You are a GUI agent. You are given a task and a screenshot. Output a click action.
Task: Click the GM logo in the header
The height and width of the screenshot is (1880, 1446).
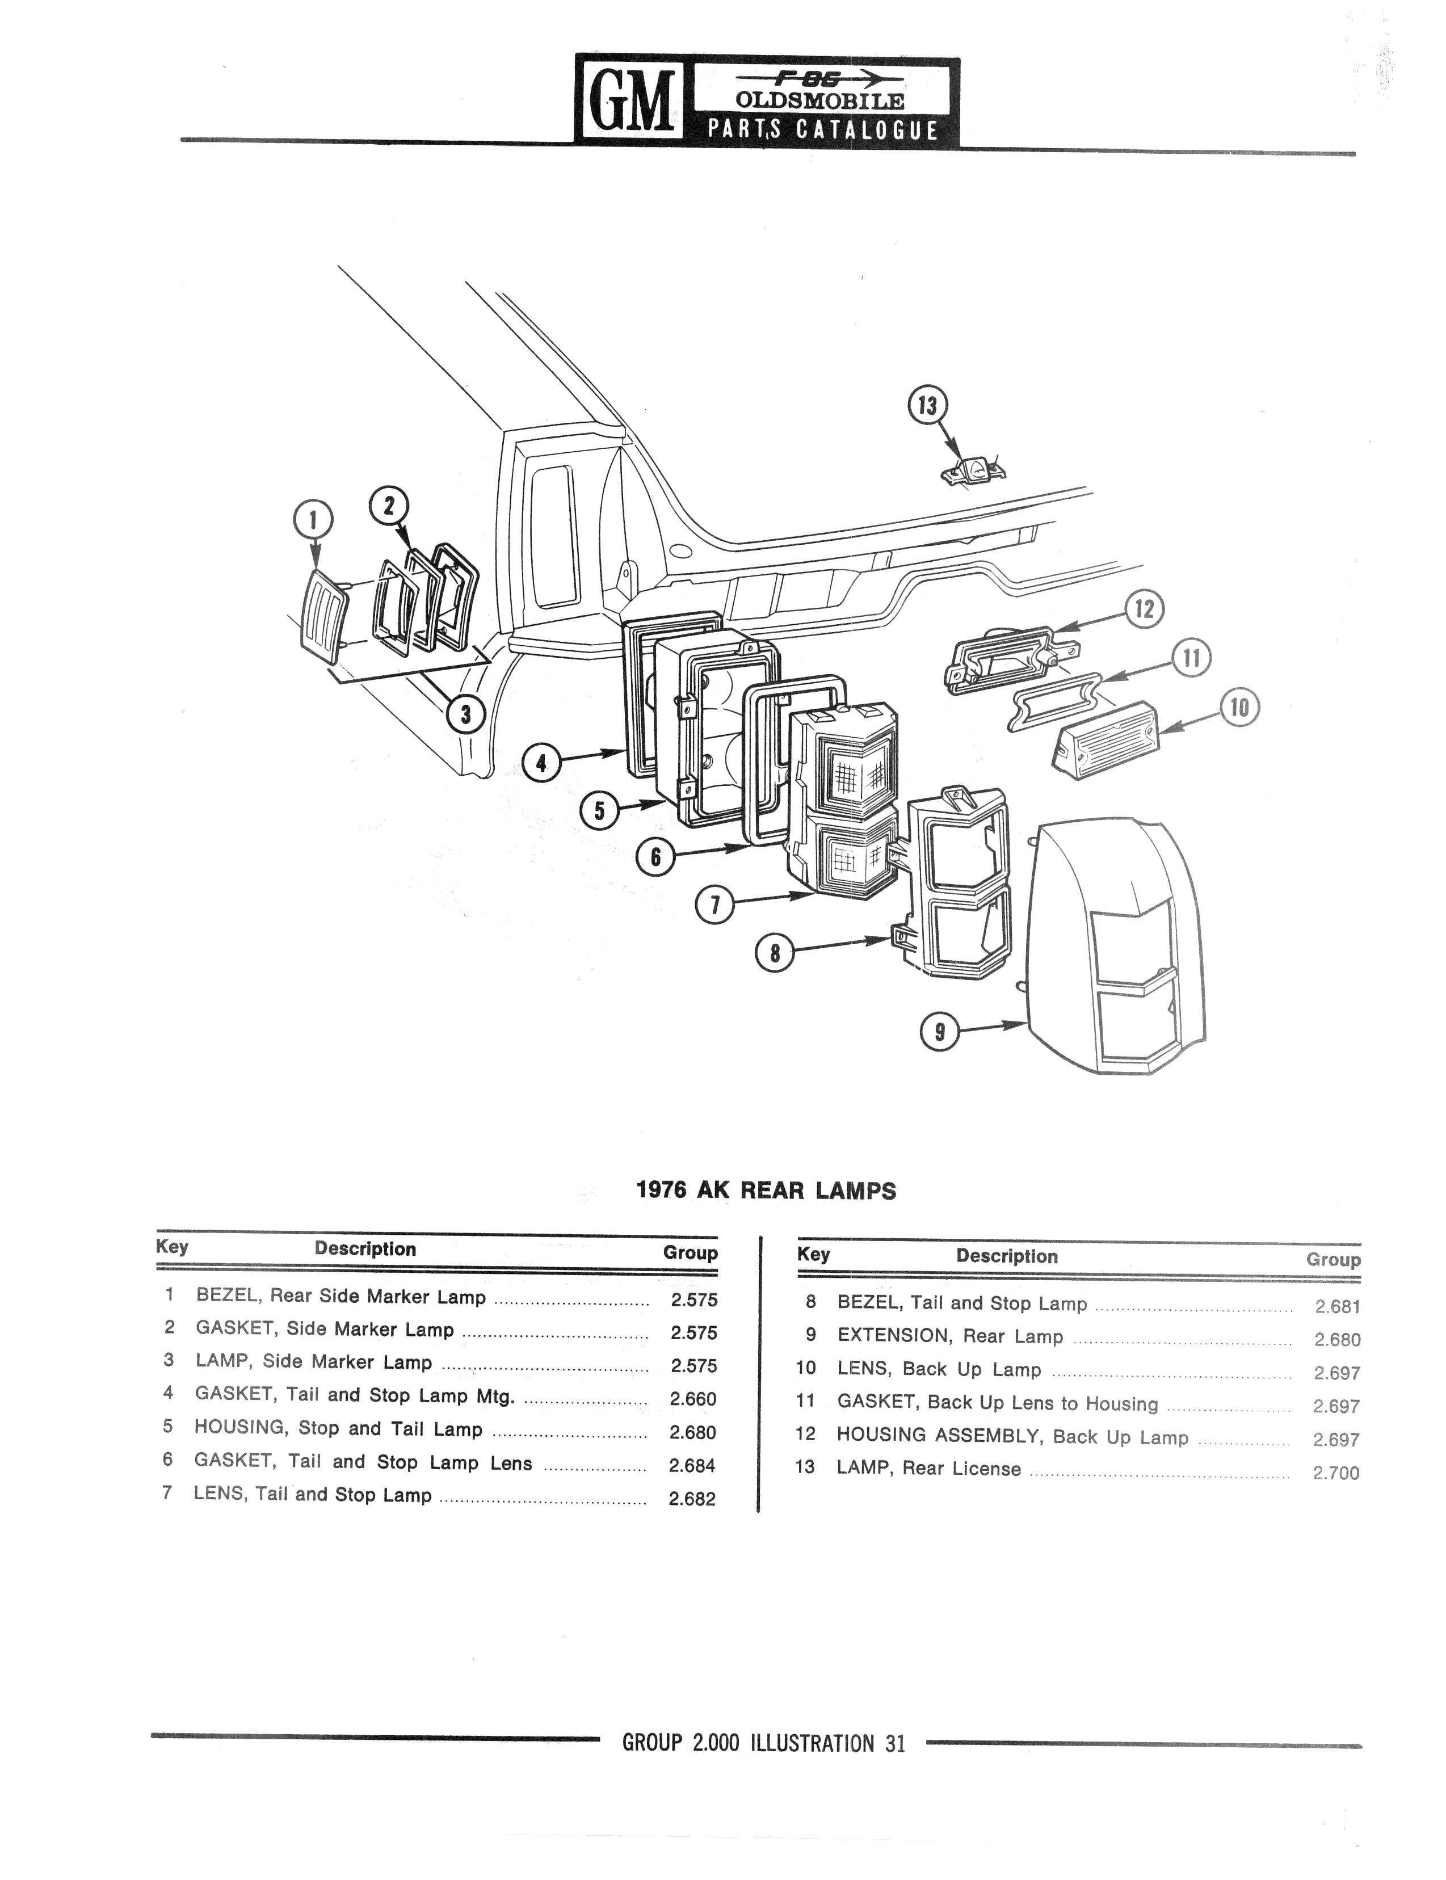tap(631, 100)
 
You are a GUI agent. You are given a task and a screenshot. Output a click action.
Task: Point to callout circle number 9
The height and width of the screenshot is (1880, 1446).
tap(939, 1032)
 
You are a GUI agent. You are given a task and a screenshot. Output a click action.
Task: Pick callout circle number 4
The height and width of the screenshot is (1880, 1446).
tap(540, 763)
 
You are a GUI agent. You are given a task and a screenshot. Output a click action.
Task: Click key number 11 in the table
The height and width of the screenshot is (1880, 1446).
tap(806, 1402)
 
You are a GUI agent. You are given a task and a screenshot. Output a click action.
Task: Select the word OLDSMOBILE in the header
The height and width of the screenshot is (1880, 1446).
tap(819, 100)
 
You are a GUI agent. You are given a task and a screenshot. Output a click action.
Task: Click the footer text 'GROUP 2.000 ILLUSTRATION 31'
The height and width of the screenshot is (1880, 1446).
tap(763, 1744)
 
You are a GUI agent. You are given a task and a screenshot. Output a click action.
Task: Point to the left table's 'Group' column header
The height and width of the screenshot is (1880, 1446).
tap(690, 1253)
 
